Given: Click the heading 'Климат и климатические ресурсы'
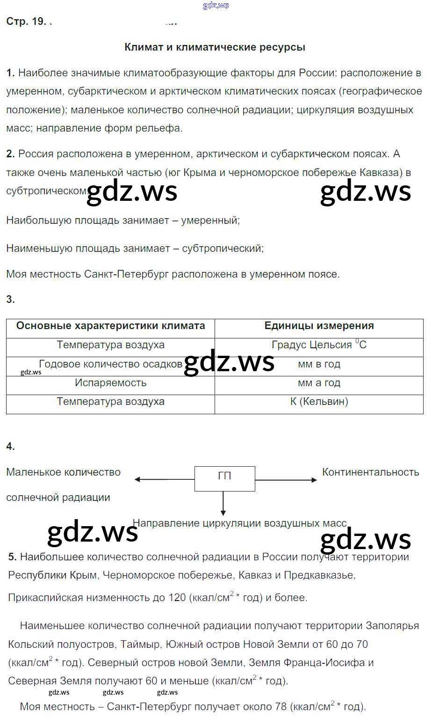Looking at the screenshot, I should tap(215, 47).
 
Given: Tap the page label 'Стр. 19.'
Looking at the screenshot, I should tap(26, 22).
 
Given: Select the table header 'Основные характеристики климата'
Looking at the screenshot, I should tap(110, 326).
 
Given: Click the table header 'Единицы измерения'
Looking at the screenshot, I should tap(319, 326).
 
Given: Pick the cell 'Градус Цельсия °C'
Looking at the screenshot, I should tap(319, 345).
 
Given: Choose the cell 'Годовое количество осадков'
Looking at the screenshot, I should tap(110, 364).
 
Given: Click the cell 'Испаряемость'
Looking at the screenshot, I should tap(110, 383).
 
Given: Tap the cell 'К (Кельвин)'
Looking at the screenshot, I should tap(319, 402).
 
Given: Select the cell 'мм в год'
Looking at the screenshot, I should tap(319, 364).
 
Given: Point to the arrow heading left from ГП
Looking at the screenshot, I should tap(164, 479).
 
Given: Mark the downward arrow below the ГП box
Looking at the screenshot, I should tap(223, 504).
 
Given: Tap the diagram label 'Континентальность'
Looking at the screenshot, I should tap(370, 472).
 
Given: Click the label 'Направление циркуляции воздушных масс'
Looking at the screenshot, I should tap(239, 523).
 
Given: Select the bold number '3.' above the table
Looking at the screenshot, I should tap(11, 300).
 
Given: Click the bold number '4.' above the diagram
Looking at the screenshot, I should tap(11, 447).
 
